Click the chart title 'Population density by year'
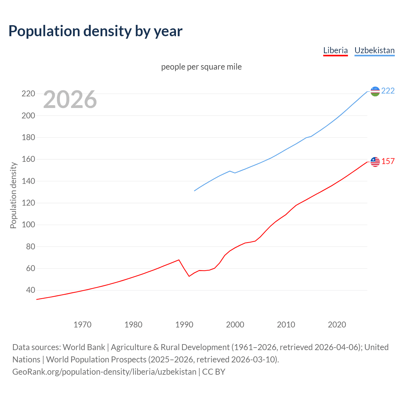(95, 31)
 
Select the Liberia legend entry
(335, 50)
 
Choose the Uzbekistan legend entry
(374, 50)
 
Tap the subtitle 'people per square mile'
(201, 67)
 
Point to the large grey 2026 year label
(70, 99)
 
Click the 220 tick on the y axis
(28, 94)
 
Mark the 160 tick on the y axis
(28, 159)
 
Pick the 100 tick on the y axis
(28, 225)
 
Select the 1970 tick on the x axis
(82, 325)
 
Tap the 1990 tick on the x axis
(184, 325)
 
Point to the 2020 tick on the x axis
(337, 325)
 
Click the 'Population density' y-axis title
(13, 195)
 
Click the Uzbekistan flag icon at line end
(375, 91)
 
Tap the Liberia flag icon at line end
(375, 162)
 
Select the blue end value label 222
(388, 91)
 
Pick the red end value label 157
(388, 162)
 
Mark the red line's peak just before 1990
(179, 260)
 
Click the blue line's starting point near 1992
(195, 191)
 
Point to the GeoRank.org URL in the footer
(104, 372)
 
